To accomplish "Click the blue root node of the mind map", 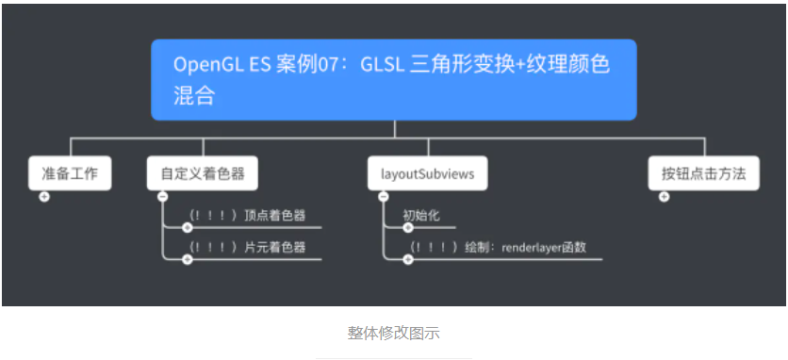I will point(393,79).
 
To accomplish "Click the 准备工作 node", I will point(70,174).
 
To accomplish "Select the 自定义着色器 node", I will point(203,174).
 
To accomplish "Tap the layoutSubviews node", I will point(427,174).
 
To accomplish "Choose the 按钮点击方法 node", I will point(703,174).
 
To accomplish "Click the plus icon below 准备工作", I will point(44,196).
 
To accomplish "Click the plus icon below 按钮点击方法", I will point(664,196).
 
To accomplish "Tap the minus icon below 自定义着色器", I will point(163,196).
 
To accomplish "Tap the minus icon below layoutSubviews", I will point(383,196).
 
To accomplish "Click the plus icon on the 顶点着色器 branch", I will point(187,227).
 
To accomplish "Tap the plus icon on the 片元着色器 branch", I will point(187,259).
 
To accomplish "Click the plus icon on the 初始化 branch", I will point(407,227).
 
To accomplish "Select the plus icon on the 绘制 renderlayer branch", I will point(407,259).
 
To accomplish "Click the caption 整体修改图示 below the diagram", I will point(393,333).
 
